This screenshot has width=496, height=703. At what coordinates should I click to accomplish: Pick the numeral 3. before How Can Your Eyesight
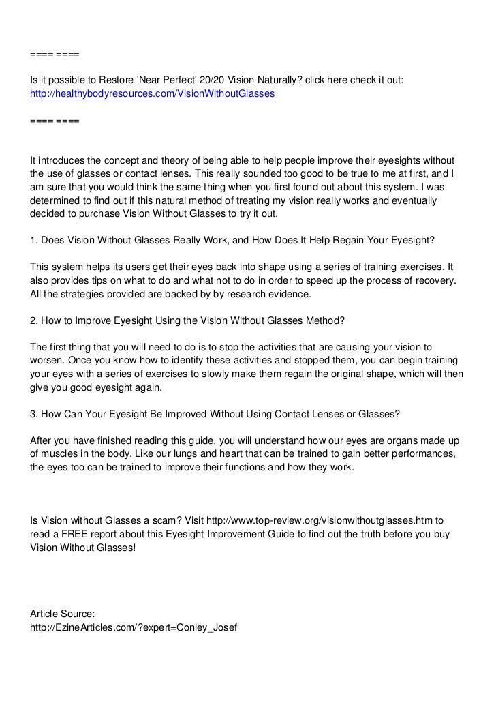point(34,414)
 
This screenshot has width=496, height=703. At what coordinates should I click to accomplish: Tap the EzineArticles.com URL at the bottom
point(133,627)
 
